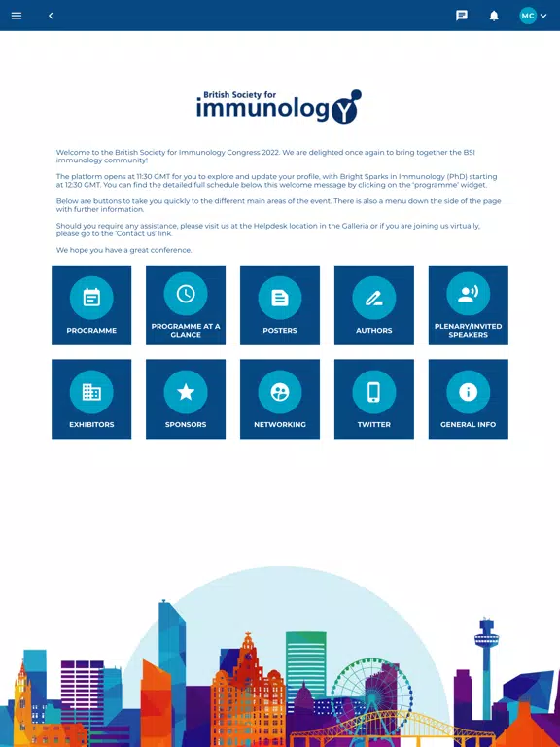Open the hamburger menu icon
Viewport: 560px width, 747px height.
17,16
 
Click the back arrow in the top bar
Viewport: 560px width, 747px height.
51,16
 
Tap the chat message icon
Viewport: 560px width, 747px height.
462,16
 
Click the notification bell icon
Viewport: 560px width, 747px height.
494,16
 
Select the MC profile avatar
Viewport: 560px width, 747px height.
528,16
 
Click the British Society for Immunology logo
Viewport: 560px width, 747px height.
279,107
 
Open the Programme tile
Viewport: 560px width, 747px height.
91,304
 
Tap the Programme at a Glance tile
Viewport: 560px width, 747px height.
186,304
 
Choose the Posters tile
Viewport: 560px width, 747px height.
280,304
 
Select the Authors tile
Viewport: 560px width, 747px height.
374,304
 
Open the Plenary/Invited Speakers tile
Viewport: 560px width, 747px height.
469,304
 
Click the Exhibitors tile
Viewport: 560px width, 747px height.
91,399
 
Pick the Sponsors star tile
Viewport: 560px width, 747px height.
186,399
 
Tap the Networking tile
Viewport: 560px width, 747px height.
280,399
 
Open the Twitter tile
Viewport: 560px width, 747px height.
374,399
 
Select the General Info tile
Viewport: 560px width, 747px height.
469,399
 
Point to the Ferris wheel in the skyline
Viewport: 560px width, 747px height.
372,694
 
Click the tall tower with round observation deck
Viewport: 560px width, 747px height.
486,667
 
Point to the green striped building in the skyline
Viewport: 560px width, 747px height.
306,667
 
